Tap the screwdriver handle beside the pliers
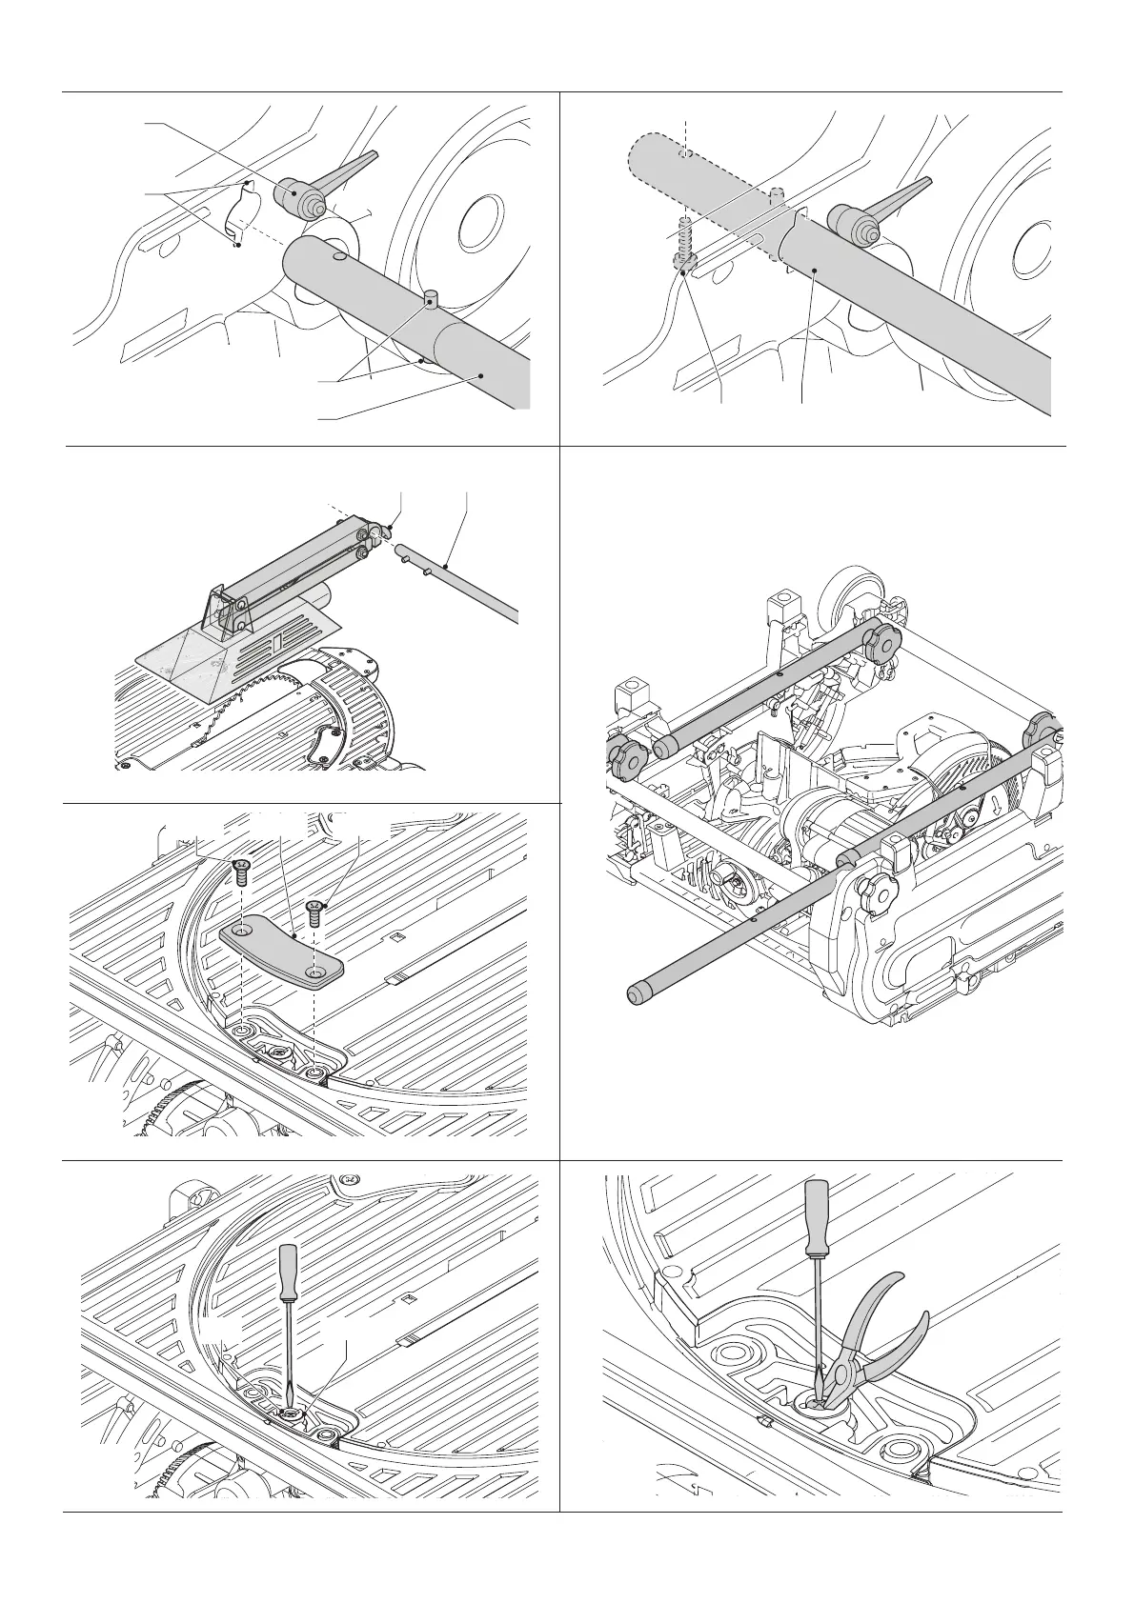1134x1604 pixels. pos(818,1219)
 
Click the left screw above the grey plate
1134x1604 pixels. pos(240,867)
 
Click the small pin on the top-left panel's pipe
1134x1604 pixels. pos(431,302)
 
